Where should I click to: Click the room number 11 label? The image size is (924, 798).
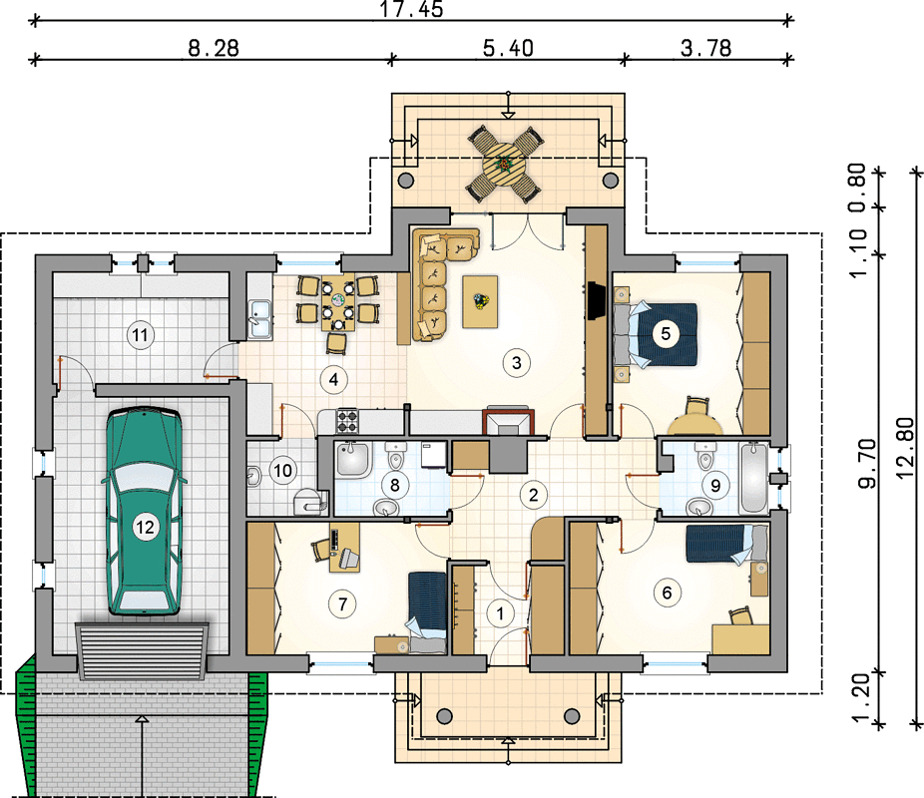click(140, 335)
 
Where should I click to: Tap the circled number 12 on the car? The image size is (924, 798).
click(145, 527)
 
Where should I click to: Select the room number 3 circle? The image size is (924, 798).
click(517, 363)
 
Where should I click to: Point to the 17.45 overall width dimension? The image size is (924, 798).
click(411, 9)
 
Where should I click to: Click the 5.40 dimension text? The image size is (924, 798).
click(508, 48)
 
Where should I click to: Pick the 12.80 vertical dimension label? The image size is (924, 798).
click(905, 448)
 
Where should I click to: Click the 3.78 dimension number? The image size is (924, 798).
click(705, 48)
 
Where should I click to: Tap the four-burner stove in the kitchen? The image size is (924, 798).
click(347, 421)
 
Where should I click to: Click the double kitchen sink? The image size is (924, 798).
click(259, 319)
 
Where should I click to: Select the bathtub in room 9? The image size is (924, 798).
click(754, 478)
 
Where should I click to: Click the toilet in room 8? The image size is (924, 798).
click(396, 455)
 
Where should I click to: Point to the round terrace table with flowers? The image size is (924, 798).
click(505, 163)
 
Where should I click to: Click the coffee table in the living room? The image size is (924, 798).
click(480, 301)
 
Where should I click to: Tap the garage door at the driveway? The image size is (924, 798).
click(142, 650)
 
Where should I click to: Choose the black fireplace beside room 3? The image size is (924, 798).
click(597, 301)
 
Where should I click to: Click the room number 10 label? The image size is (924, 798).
click(282, 471)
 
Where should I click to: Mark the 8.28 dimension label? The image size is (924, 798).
click(214, 48)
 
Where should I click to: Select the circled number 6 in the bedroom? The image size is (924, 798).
click(668, 593)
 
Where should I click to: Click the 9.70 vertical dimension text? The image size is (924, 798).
click(867, 464)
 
